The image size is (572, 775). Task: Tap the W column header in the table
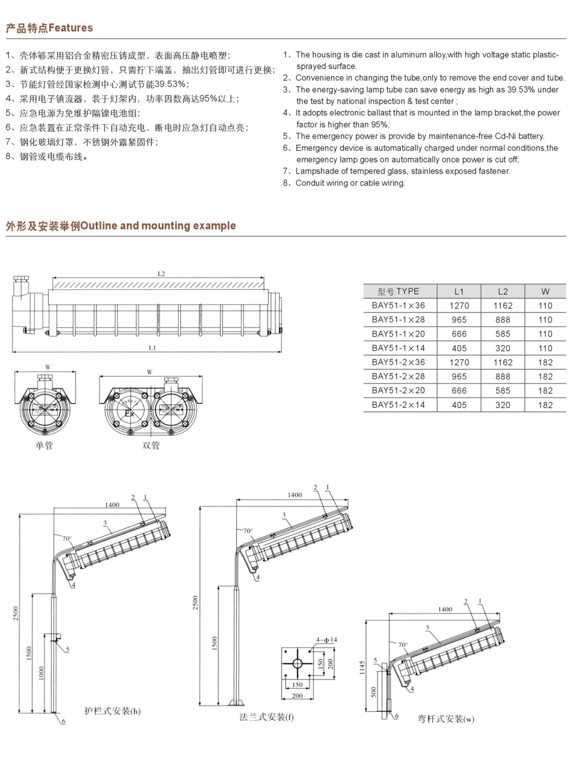tap(545, 292)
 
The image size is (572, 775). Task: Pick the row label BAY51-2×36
tap(398, 362)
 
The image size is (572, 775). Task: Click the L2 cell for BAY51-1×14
tap(503, 348)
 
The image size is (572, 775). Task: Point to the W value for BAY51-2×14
tap(545, 405)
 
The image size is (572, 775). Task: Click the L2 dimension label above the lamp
tap(161, 274)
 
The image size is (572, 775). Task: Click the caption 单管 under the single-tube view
tap(44, 445)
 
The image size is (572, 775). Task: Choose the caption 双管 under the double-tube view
tap(151, 445)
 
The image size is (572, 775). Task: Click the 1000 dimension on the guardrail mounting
tap(41, 673)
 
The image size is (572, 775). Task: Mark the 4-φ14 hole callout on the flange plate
tap(326, 640)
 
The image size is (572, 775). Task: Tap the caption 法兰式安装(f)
tap(266, 717)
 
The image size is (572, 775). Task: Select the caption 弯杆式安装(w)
tap(446, 719)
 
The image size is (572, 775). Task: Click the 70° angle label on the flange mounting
tap(248, 531)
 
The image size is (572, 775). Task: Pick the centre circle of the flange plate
tap(297, 663)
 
